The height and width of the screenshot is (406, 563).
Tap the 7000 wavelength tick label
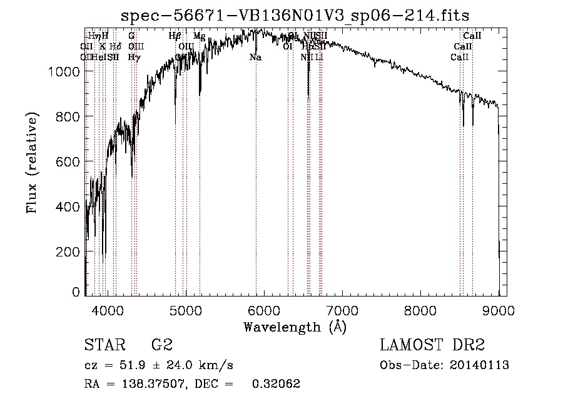click(x=342, y=308)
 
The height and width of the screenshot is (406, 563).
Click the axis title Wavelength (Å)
click(x=295, y=326)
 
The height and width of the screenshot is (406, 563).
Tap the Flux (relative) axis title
click(x=32, y=161)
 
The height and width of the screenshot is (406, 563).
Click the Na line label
click(x=255, y=58)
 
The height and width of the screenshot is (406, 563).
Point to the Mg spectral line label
click(x=199, y=36)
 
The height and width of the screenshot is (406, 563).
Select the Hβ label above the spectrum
click(x=175, y=36)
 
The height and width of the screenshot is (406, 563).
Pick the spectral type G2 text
click(x=162, y=345)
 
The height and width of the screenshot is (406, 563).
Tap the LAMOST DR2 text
click(x=432, y=345)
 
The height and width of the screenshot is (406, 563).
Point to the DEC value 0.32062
click(x=276, y=384)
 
